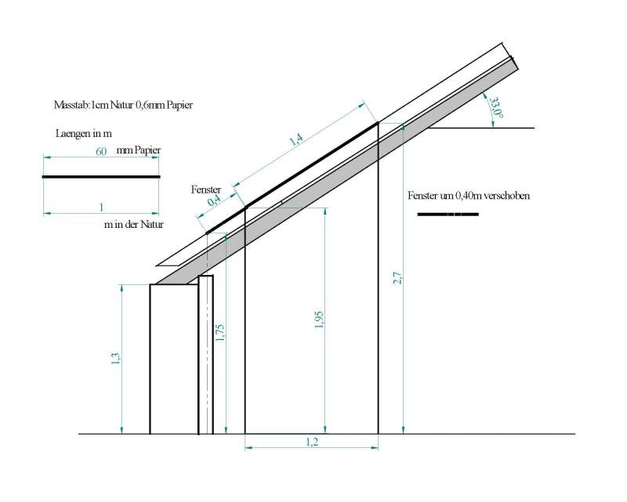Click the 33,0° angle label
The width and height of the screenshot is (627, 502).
pos(496,107)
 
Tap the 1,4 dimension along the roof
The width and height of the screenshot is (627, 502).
pos(296,139)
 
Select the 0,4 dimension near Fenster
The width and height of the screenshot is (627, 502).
pos(214,200)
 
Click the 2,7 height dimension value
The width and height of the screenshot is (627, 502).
pos(397,278)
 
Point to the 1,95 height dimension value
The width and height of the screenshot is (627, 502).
pos(319,320)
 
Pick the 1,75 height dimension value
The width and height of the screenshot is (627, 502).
pos(220,333)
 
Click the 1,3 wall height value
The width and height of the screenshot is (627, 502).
pos(115,358)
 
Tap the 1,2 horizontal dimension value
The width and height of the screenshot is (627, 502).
pos(312,442)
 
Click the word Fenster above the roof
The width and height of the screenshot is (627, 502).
pos(206,190)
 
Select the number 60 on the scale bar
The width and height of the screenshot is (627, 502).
pos(101,151)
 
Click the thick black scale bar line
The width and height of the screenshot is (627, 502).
pos(101,177)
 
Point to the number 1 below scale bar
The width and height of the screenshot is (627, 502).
pos(101,208)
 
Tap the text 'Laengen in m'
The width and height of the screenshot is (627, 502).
pos(84,133)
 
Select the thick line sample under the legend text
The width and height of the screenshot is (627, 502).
pos(448,215)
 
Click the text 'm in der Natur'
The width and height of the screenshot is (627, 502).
pos(133,225)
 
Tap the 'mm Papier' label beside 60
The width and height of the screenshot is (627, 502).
pos(139,150)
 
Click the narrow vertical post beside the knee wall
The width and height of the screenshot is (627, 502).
pos(206,355)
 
